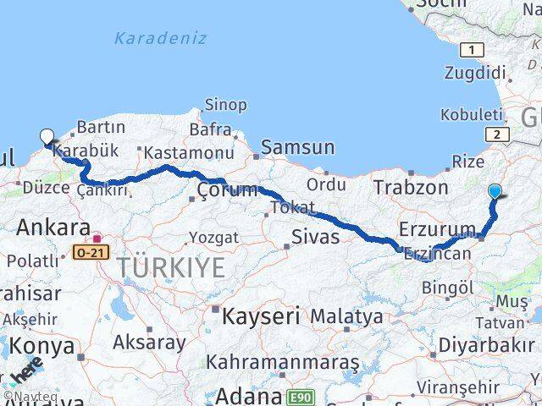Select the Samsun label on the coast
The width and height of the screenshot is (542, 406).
pyautogui.click(x=297, y=147)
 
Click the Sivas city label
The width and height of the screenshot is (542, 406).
pyautogui.click(x=315, y=237)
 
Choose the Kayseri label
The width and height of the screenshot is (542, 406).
pyautogui.click(x=261, y=317)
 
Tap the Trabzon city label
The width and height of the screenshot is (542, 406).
pyautogui.click(x=411, y=187)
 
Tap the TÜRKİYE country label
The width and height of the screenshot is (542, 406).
pyautogui.click(x=171, y=268)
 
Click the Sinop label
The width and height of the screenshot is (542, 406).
pyautogui.click(x=226, y=105)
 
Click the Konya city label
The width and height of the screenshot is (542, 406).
pyautogui.click(x=47, y=347)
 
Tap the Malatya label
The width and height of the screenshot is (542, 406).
pyautogui.click(x=346, y=316)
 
